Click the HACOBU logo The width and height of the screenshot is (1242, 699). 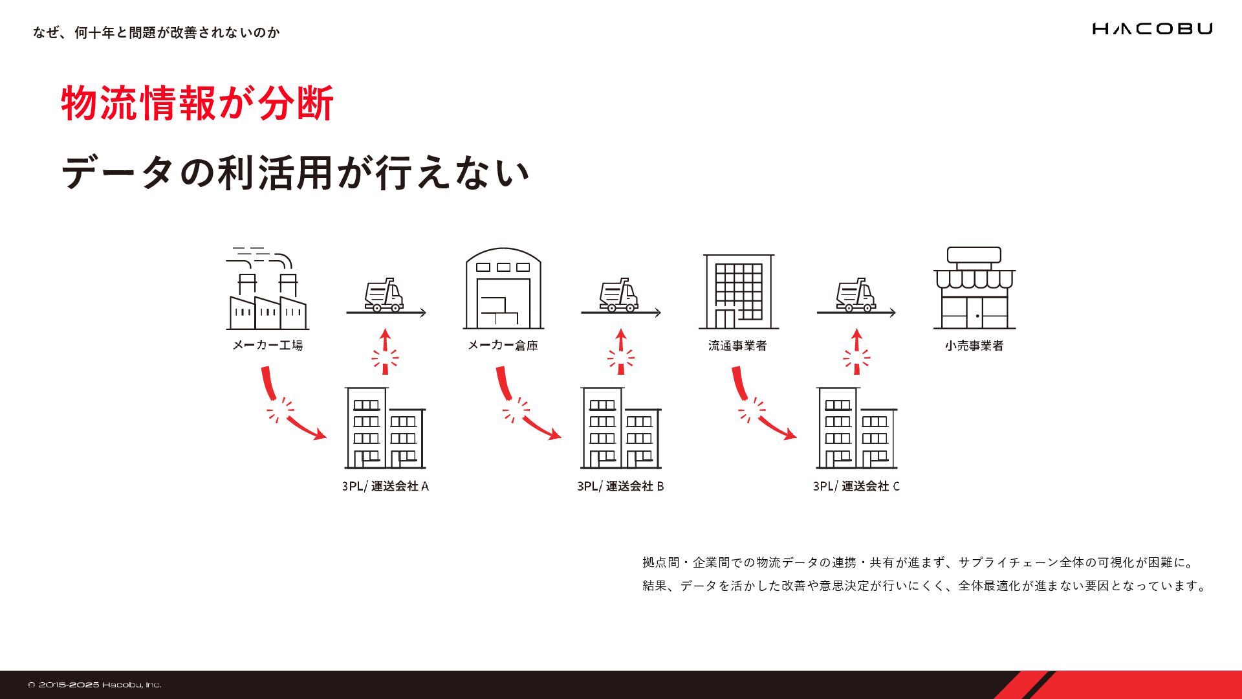coord(1152,28)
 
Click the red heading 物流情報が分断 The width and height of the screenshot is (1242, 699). coord(197,103)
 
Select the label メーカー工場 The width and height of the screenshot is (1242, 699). coord(267,345)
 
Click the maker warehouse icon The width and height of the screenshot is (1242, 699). coord(503,289)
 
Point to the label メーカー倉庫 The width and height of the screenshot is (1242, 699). coord(503,345)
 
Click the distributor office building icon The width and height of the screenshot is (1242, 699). coord(738,291)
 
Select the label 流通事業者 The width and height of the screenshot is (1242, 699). coord(737,346)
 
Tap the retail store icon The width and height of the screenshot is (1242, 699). coord(974,289)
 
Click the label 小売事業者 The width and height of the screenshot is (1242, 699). coord(974,346)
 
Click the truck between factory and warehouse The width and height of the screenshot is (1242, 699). coord(384,296)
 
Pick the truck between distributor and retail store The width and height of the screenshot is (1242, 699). coord(856,296)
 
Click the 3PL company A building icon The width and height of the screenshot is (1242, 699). coord(385,428)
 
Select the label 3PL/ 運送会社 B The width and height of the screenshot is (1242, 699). coord(620,486)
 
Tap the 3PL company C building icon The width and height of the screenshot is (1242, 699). coord(856,428)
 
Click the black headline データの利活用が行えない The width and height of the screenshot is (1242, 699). coord(296,173)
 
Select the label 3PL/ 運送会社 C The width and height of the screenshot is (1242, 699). coord(856,486)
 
